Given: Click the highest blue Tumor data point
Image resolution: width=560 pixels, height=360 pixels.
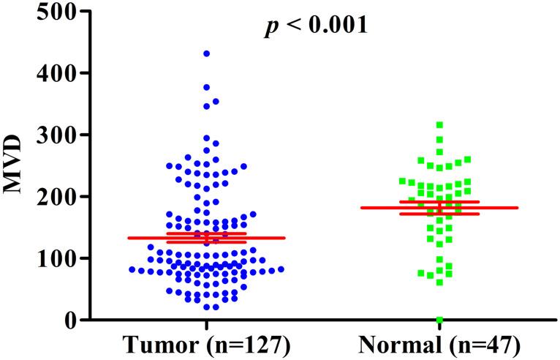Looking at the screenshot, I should coord(206,53).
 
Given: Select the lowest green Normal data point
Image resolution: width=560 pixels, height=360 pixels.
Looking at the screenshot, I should coord(439,320).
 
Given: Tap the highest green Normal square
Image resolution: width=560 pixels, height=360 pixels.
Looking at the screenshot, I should coord(439,125).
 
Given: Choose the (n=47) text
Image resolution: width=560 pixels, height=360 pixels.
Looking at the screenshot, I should coord(483,343).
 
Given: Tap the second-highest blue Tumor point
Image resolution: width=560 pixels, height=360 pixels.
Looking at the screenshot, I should coord(206,87).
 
